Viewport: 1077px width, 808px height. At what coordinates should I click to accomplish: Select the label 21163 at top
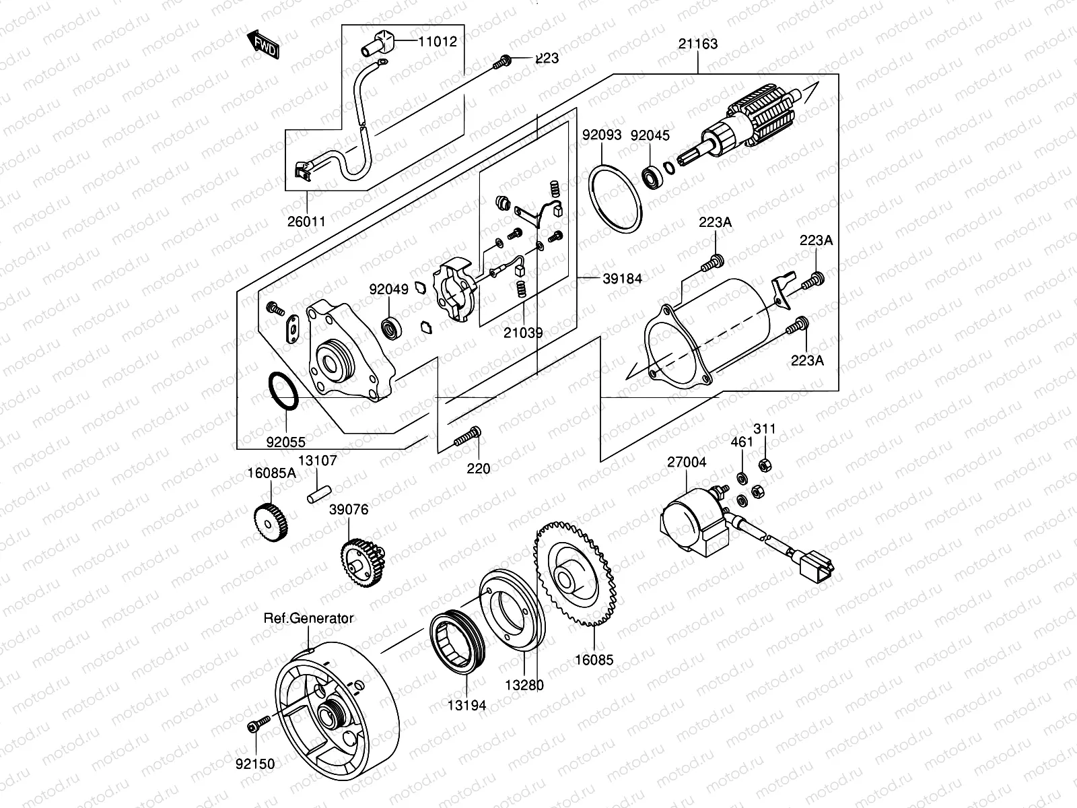[697, 44]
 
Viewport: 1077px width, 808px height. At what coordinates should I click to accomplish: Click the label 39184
[622, 279]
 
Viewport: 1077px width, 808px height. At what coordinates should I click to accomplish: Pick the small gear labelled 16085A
[273, 521]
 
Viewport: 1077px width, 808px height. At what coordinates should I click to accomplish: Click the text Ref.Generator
[308, 617]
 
